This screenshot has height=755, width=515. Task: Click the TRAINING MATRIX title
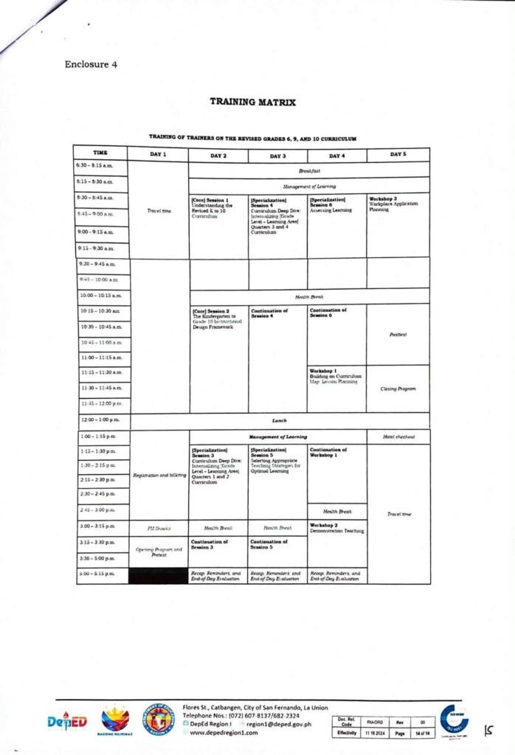click(252, 102)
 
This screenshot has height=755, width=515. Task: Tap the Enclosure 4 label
click(91, 64)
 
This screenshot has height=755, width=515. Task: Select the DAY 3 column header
click(277, 155)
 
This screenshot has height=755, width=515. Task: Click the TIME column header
click(101, 154)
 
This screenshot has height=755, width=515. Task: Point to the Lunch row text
click(279, 421)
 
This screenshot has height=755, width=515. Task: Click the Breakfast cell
click(308, 170)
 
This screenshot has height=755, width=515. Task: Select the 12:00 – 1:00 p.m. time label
click(100, 421)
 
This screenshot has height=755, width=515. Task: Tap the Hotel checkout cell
click(397, 437)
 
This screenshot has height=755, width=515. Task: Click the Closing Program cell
click(398, 389)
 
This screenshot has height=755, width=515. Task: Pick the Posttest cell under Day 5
click(398, 333)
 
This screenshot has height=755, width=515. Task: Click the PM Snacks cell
click(159, 528)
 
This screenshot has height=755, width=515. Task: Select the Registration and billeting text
click(159, 475)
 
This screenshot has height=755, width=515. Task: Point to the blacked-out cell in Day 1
click(159, 574)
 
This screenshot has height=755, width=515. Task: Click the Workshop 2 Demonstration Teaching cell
click(336, 528)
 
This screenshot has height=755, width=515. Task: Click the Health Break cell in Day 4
click(336, 511)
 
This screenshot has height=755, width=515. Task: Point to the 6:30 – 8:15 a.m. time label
click(98, 165)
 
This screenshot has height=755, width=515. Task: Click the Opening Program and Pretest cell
click(159, 552)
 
